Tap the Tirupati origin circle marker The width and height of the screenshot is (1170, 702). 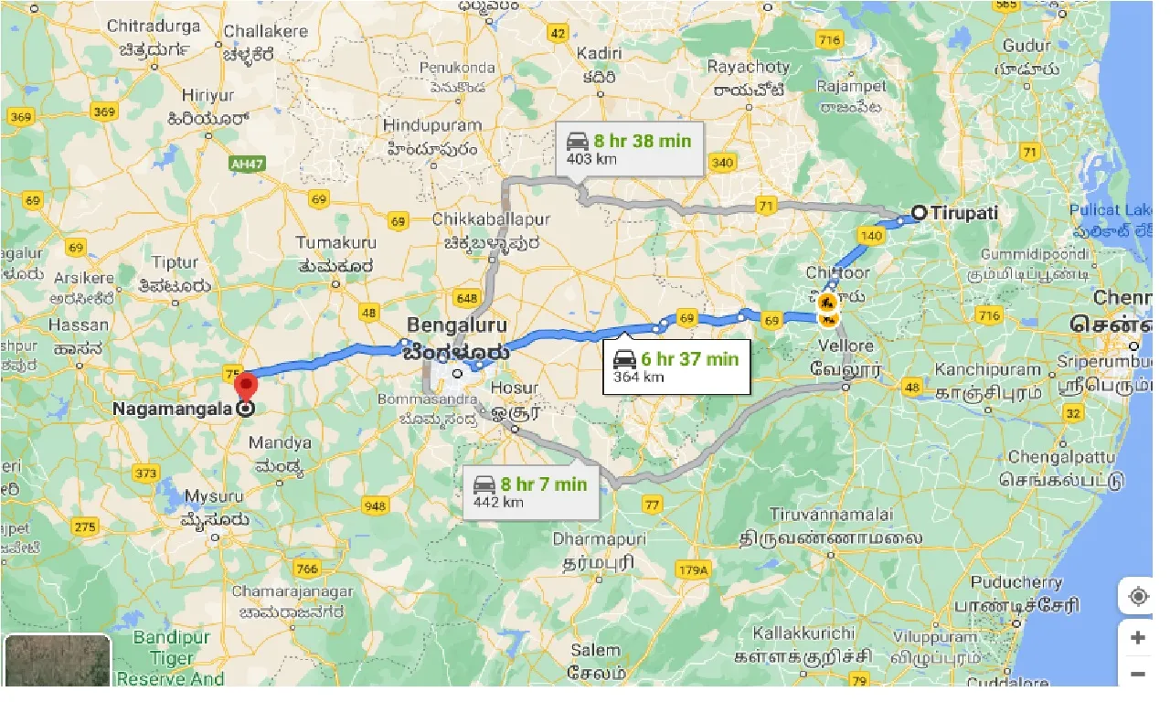coord(920,213)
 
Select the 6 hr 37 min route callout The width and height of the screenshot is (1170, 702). coord(675,367)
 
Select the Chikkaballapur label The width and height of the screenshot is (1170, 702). coord(491,220)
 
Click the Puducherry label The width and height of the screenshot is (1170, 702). coord(1016,582)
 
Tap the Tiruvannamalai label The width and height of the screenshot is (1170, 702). coord(830,515)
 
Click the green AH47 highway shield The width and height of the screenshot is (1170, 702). coord(240,162)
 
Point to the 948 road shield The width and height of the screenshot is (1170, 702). coord(375,505)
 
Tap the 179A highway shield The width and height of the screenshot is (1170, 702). coord(692,570)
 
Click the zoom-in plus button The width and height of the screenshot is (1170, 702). coord(1137,638)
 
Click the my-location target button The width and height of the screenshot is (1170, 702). coord(1138,597)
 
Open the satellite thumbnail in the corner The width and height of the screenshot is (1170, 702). coord(57,661)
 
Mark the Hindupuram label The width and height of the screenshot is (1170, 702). coord(432,124)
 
